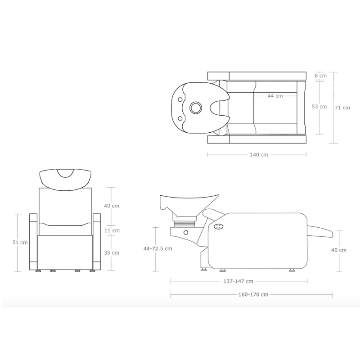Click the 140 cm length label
click(258, 155)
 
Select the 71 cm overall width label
click(342, 108)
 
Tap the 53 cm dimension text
click(319, 107)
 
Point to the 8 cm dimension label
click(320, 76)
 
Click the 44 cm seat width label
click(275, 96)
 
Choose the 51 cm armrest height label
click(21, 242)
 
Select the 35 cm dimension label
click(112, 252)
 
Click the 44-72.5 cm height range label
click(157, 248)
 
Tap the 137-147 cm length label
click(238, 281)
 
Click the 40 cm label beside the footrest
click(339, 250)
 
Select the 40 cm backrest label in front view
click(112, 206)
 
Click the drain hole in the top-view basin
click(196, 107)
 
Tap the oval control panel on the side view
click(219, 227)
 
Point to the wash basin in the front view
click(65, 178)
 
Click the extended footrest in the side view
click(320, 231)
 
